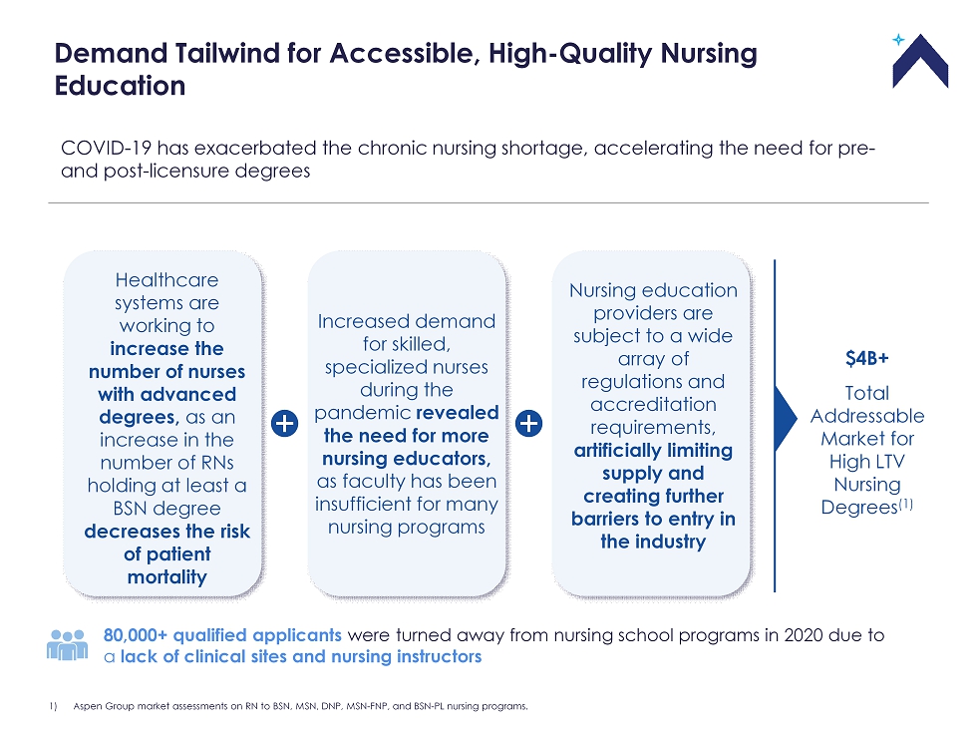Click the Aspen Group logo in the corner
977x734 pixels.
[x=919, y=61]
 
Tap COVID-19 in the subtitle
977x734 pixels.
[x=106, y=149]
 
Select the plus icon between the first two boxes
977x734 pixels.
[x=285, y=424]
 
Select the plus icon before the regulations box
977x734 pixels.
[x=529, y=424]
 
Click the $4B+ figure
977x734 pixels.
[x=866, y=358]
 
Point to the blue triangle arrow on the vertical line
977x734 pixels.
[x=786, y=418]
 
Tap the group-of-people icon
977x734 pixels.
[x=68, y=644]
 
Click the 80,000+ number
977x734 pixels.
[x=136, y=635]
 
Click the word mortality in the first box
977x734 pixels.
[x=167, y=577]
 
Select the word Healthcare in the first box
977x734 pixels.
[x=167, y=280]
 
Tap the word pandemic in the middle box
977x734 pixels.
[x=362, y=413]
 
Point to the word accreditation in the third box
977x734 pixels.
[x=653, y=404]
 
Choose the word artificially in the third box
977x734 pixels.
[x=616, y=451]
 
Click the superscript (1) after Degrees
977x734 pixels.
[x=905, y=504]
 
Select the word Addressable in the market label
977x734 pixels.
[x=866, y=416]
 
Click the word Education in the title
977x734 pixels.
[x=121, y=86]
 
